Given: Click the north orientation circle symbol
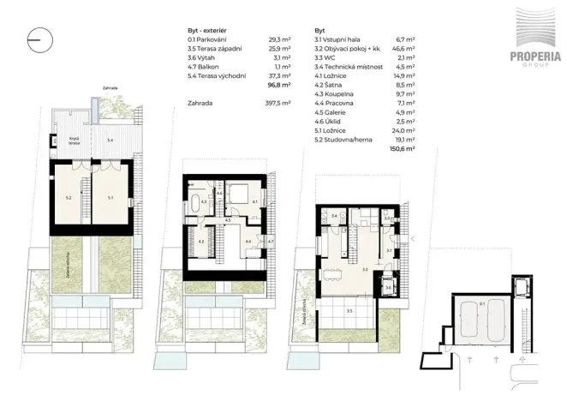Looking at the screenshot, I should tap(41, 38).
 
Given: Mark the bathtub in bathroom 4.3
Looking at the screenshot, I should tap(196, 205).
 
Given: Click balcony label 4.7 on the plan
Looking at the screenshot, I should tap(270, 242).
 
